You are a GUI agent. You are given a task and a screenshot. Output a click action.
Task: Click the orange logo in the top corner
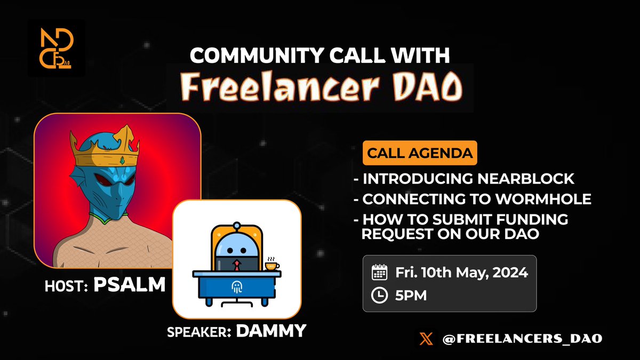tap(57, 48)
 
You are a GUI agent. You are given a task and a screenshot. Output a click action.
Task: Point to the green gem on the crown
tap(122, 161)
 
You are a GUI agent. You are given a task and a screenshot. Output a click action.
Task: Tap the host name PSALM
tap(130, 285)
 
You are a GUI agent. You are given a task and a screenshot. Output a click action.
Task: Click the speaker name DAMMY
tap(271, 331)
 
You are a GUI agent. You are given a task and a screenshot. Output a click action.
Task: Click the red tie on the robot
tap(237, 265)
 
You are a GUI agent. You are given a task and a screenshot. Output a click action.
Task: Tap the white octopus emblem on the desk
tap(237, 287)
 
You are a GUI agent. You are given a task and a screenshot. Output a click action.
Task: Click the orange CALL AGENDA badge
tap(420, 153)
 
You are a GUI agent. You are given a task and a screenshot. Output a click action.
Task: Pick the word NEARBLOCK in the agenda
tap(526, 179)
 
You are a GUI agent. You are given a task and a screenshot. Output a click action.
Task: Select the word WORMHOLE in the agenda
tap(543, 199)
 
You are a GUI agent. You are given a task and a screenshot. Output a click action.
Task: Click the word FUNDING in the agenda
tap(532, 219)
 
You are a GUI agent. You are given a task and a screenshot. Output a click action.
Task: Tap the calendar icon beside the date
tap(379, 273)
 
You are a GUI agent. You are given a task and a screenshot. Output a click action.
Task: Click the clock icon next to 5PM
tap(379, 295)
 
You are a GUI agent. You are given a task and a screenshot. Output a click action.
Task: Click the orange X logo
tap(426, 339)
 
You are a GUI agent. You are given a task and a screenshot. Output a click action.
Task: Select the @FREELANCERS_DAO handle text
tap(522, 339)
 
